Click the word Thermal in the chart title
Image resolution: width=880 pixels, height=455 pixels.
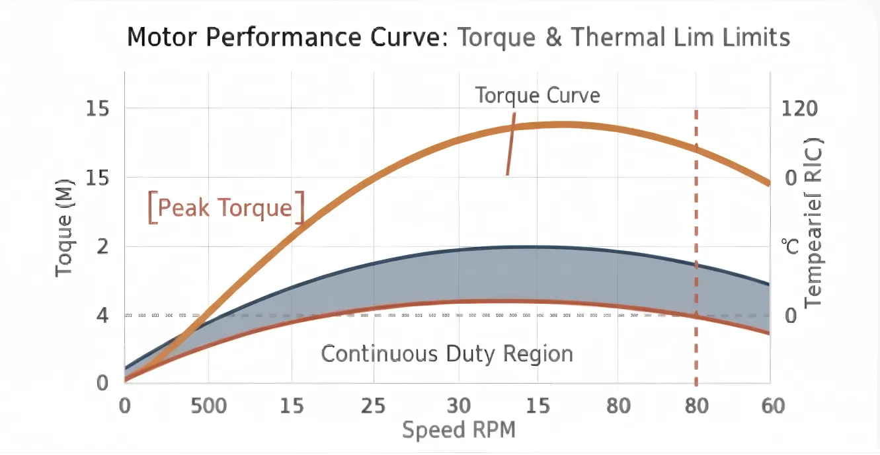[x=618, y=37]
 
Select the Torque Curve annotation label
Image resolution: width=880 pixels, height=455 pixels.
[x=538, y=95]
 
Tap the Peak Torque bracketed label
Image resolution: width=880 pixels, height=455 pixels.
[x=225, y=208]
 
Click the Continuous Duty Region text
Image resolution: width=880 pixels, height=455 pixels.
[x=447, y=354]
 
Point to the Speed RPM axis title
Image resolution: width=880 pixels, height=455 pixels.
[x=458, y=430]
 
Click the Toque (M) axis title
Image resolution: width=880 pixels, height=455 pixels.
[x=64, y=228]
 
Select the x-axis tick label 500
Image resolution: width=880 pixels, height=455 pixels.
[x=209, y=405]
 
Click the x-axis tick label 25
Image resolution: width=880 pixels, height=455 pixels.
[x=373, y=405]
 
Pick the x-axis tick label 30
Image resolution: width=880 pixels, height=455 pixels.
[x=459, y=405]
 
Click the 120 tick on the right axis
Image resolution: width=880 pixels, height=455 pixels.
[x=799, y=108]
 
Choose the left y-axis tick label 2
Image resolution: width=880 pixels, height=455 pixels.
[x=102, y=246]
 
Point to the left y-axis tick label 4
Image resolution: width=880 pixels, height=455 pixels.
[x=102, y=316]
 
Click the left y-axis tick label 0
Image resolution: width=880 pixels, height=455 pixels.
[x=102, y=383]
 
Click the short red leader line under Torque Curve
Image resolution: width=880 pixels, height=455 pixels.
[x=510, y=151]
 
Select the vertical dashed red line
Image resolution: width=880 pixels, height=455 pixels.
[x=696, y=251]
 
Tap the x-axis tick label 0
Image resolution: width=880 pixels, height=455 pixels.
[x=124, y=405]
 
